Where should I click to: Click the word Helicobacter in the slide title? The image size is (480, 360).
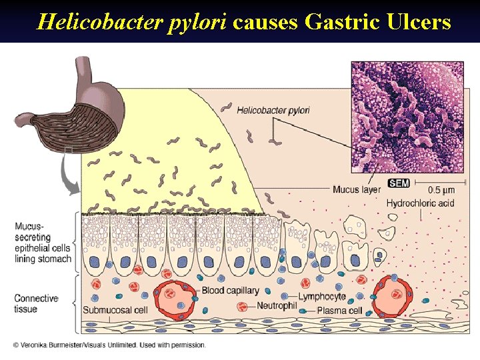pyautogui.click(x=84, y=22)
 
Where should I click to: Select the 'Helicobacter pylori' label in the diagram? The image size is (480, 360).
pyautogui.click(x=273, y=109)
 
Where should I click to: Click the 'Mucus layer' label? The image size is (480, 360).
pyautogui.click(x=357, y=189)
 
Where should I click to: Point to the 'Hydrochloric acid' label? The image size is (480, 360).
pyautogui.click(x=420, y=202)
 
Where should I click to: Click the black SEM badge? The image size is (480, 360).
pyautogui.click(x=399, y=183)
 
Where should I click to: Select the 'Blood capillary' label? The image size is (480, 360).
pyautogui.click(x=230, y=291)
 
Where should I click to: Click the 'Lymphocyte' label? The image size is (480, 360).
pyautogui.click(x=322, y=297)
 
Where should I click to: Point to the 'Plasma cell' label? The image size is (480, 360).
pyautogui.click(x=339, y=311)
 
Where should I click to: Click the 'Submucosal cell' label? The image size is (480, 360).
pyautogui.click(x=115, y=311)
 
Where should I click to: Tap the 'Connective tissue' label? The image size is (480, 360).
pyautogui.click(x=35, y=303)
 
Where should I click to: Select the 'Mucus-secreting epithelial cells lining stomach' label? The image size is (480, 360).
pyautogui.click(x=42, y=242)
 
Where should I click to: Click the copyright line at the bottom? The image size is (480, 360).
pyautogui.click(x=110, y=345)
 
